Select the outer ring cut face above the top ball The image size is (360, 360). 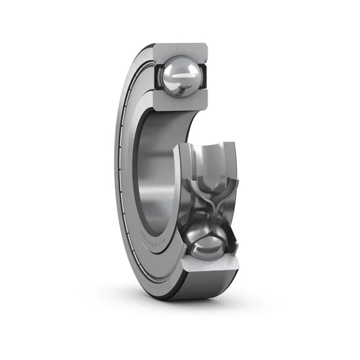click(x=180, y=50)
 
